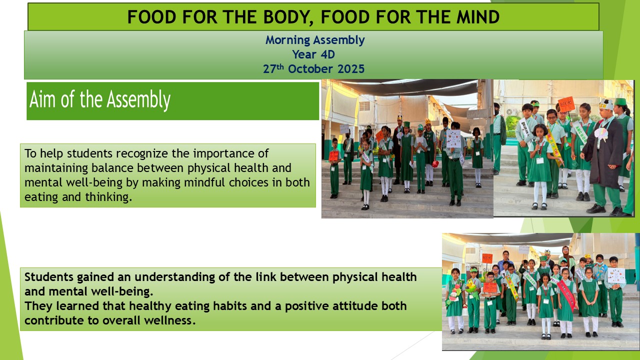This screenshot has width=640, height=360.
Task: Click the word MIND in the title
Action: coord(477,17)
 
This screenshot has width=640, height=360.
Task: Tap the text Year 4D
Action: coord(313,54)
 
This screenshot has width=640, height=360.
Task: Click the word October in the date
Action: coord(310,69)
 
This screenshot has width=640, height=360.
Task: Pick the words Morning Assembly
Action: coord(315,40)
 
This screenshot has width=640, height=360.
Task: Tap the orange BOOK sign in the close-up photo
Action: coord(566,104)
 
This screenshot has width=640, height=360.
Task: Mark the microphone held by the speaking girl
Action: coord(537,140)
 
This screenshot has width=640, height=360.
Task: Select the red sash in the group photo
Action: coord(566,295)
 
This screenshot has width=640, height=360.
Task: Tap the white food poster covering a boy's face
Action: coord(453,138)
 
